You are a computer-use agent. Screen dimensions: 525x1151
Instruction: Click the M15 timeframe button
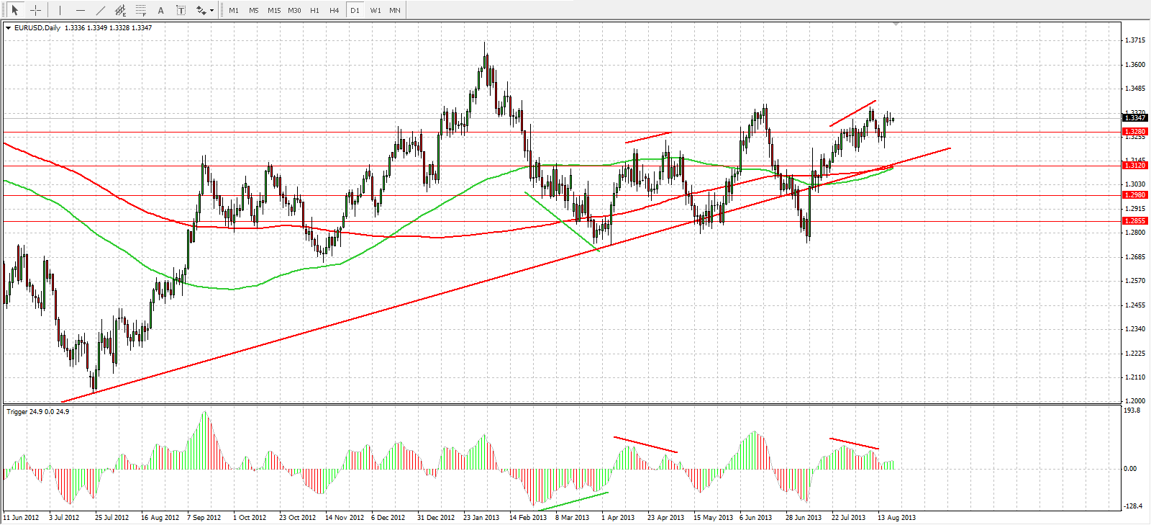274,10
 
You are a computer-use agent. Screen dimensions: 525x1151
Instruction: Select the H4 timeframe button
335,10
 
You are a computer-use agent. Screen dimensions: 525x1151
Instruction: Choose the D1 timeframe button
355,10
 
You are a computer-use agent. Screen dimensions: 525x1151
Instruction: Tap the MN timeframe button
395,10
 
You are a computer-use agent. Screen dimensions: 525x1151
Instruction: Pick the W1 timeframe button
376,10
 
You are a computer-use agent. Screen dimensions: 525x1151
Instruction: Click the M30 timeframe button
294,10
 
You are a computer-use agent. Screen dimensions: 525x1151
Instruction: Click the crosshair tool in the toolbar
35,10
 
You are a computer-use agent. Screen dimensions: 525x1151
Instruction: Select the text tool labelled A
160,10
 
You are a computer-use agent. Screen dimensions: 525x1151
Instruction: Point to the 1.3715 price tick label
1135,40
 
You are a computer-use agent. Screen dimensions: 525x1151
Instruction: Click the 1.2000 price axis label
1135,401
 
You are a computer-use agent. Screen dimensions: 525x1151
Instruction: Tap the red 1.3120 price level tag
1135,166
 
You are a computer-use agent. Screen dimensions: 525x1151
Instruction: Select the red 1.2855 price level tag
1135,221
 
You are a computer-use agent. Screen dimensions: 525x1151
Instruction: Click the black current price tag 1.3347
1135,117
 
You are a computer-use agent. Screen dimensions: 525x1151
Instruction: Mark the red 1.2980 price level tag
1135,195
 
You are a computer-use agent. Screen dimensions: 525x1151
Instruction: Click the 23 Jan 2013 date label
481,518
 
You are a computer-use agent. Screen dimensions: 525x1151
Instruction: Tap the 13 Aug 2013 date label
897,518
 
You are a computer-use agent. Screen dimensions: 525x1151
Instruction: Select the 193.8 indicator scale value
1132,410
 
